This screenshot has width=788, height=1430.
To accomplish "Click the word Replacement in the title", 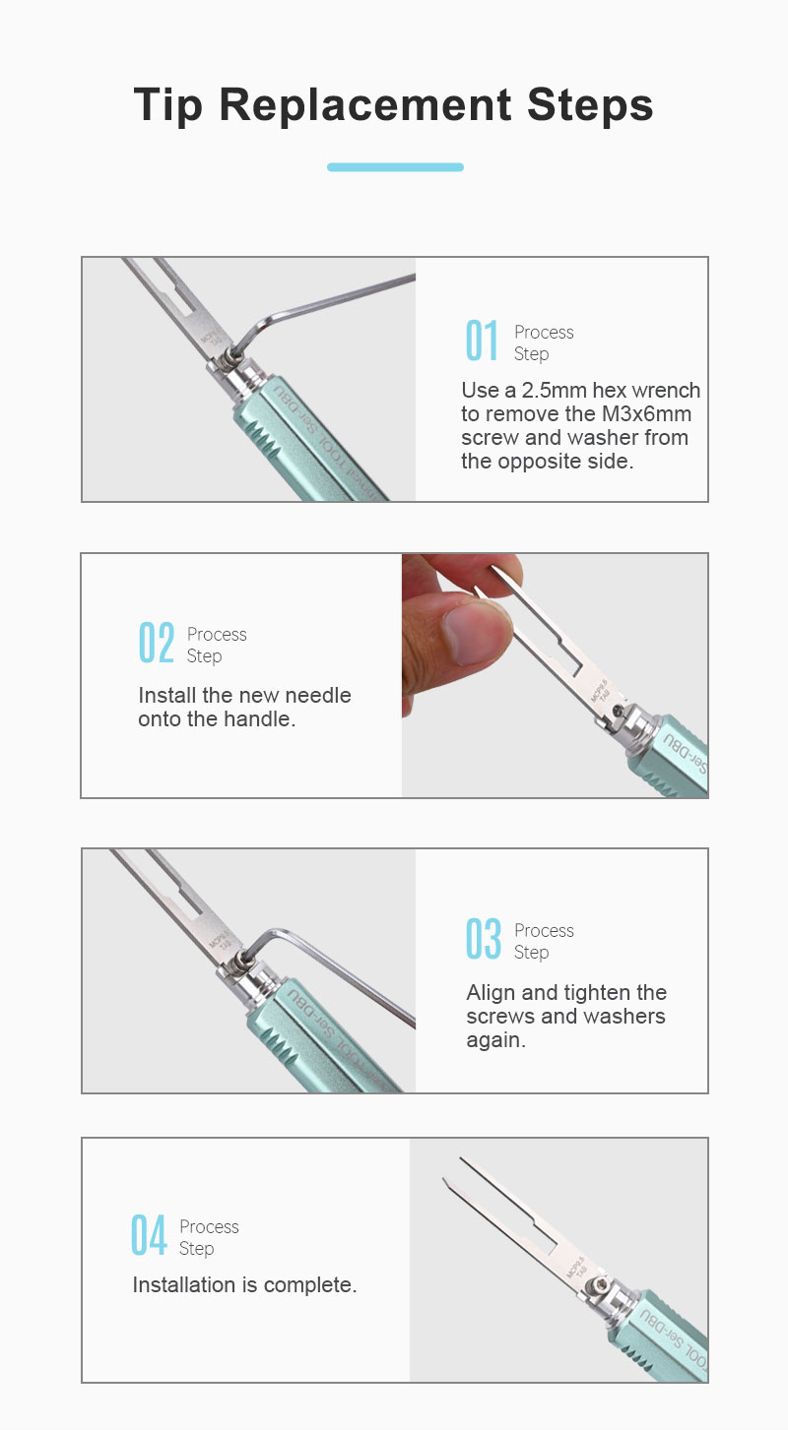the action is click(364, 104).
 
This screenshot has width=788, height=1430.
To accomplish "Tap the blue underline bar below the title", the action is click(395, 167).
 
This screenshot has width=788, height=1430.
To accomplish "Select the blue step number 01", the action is click(482, 341).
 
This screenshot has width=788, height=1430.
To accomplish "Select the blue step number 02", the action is click(156, 643).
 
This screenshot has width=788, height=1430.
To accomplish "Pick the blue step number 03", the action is click(484, 939).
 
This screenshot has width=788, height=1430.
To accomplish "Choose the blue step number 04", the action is click(149, 1235).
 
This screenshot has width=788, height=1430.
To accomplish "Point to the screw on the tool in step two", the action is click(618, 711).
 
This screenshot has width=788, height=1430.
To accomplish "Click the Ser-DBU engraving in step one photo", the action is click(295, 408).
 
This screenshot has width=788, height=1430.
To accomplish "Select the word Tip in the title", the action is click(168, 105).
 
